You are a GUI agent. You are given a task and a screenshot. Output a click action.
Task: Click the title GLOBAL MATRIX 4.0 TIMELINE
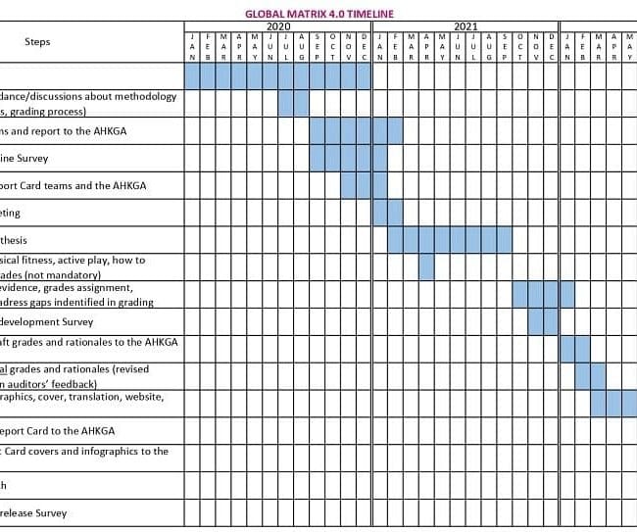318,14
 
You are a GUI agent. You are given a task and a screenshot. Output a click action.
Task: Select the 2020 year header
278,26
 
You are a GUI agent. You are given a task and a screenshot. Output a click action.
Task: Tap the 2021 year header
465,26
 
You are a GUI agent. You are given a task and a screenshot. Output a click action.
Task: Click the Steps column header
37,42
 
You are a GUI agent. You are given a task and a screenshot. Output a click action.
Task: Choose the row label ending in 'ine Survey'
24,158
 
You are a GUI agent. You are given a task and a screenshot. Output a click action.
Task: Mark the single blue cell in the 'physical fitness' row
426,266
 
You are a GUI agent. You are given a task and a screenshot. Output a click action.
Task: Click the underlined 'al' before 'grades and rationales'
4,369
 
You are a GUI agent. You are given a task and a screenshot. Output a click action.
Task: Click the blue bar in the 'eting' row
387,213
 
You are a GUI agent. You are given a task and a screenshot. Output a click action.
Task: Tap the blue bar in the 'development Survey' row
536,321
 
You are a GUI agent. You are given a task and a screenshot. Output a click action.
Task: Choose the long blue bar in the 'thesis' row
450,239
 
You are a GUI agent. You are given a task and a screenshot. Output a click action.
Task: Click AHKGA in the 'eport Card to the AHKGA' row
96,430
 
